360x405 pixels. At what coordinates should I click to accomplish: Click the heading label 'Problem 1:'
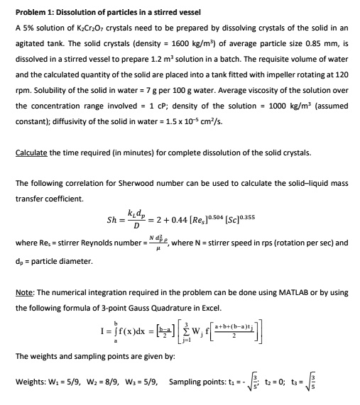[35, 13]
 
